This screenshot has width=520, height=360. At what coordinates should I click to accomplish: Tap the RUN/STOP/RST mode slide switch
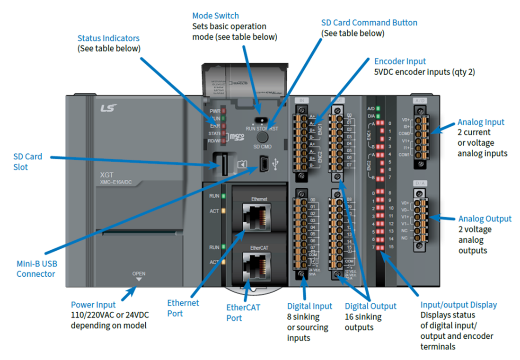tap(259, 120)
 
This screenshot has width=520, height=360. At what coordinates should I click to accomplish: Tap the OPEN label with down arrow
tap(139, 276)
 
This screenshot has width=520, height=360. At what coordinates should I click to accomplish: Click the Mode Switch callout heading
tap(215, 16)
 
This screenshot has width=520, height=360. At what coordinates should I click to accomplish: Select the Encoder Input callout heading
tap(400, 61)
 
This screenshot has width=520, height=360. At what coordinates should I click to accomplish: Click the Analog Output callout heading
tap(485, 219)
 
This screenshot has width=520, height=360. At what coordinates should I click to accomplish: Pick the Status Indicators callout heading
tap(109, 38)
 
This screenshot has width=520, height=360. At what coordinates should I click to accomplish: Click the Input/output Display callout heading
tap(458, 305)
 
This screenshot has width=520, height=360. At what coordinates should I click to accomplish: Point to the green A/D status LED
tap(378, 109)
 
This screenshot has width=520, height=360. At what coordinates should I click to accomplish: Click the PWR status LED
tap(223, 111)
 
